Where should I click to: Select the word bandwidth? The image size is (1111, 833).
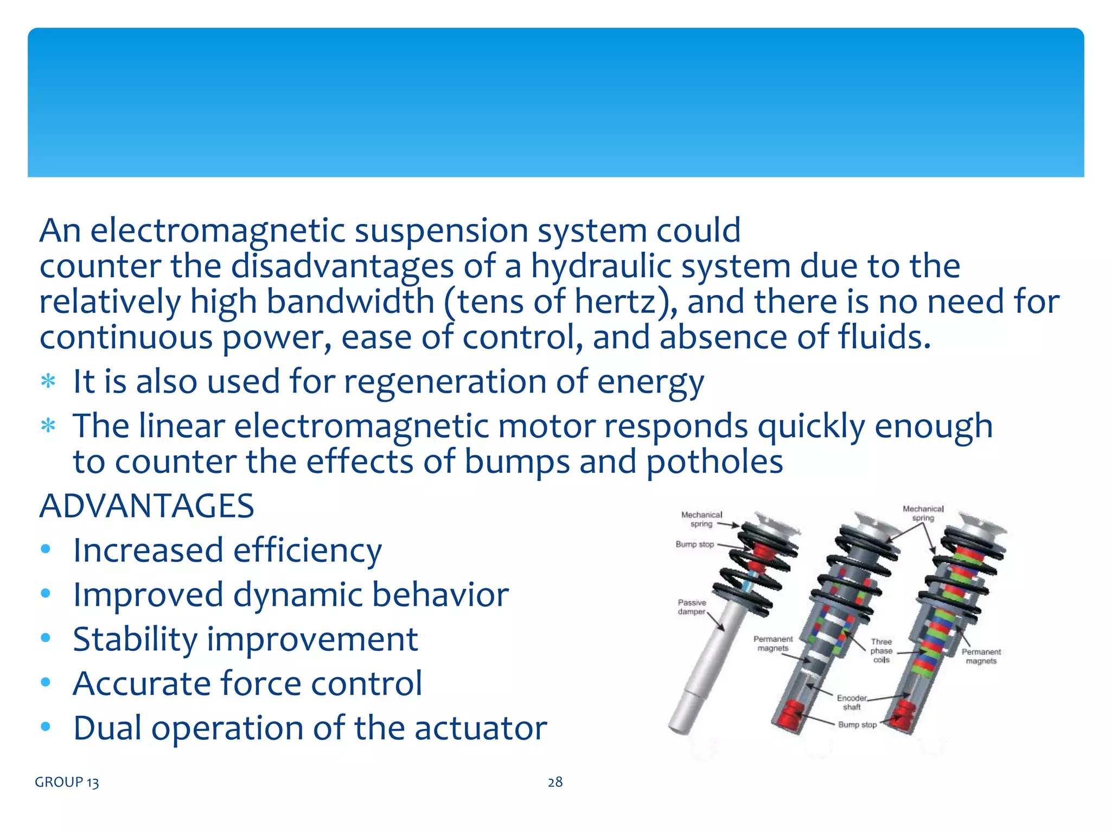[350, 302]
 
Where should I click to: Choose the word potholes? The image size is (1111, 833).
[714, 462]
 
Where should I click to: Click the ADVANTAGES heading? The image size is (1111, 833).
[146, 506]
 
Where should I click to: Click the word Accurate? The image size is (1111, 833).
[141, 683]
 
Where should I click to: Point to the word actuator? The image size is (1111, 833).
[481, 728]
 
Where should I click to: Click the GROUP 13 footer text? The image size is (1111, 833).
[67, 782]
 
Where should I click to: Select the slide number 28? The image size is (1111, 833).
[555, 782]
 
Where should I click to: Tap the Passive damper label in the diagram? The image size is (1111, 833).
[692, 607]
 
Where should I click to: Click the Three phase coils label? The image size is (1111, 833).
[881, 650]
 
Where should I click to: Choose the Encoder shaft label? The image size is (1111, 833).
[851, 702]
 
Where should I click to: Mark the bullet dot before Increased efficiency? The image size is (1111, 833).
[46, 549]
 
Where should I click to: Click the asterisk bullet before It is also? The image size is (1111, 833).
[48, 382]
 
